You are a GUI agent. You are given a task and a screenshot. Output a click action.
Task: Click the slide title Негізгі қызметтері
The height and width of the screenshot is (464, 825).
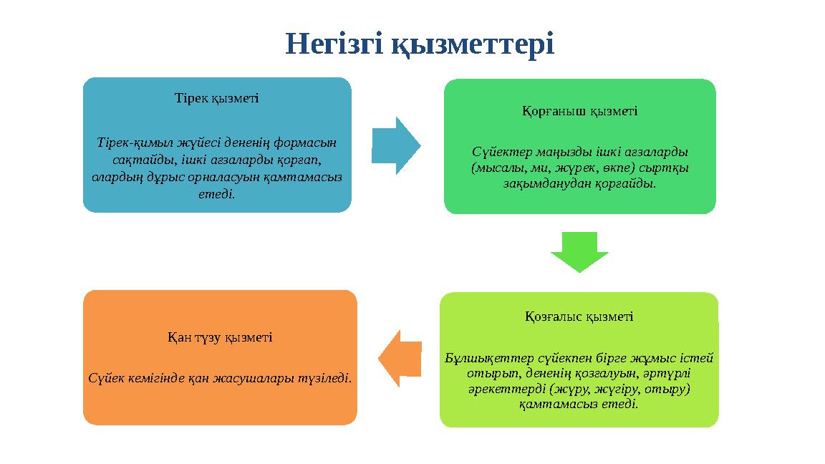420,44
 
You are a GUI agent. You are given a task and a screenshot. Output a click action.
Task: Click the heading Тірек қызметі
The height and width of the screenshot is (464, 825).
217,97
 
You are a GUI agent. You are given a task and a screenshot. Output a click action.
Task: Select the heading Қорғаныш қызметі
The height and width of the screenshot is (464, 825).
579,111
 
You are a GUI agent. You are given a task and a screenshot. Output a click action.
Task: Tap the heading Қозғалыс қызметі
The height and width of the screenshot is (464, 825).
579,316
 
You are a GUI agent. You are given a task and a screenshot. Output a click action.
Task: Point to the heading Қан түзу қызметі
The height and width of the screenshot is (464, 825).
220,337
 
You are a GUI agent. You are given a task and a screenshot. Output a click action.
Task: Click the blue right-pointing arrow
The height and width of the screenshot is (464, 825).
396,146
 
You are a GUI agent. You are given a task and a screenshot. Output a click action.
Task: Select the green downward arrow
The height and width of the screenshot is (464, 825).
579,251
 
